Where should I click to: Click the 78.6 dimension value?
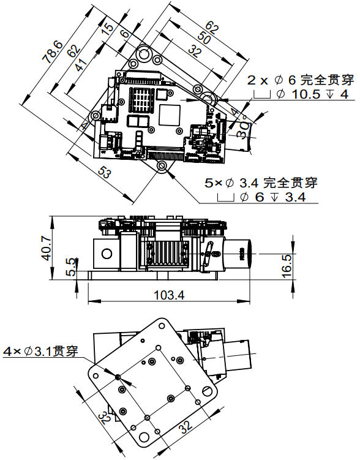click(x=53, y=52)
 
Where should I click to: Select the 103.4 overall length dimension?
click(x=169, y=295)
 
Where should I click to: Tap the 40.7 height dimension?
click(x=47, y=249)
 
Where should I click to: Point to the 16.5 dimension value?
click(x=287, y=265)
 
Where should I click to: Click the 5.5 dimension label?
click(x=70, y=267)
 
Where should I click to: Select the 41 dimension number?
click(x=80, y=65)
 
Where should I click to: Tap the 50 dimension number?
click(x=204, y=38)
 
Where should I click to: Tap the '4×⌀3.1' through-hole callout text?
click(x=41, y=351)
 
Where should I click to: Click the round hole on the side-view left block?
click(x=106, y=254)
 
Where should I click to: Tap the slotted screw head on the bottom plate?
click(x=208, y=391)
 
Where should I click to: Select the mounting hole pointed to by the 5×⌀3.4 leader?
click(x=162, y=166)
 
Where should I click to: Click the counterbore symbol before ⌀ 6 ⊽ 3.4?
click(x=226, y=197)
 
